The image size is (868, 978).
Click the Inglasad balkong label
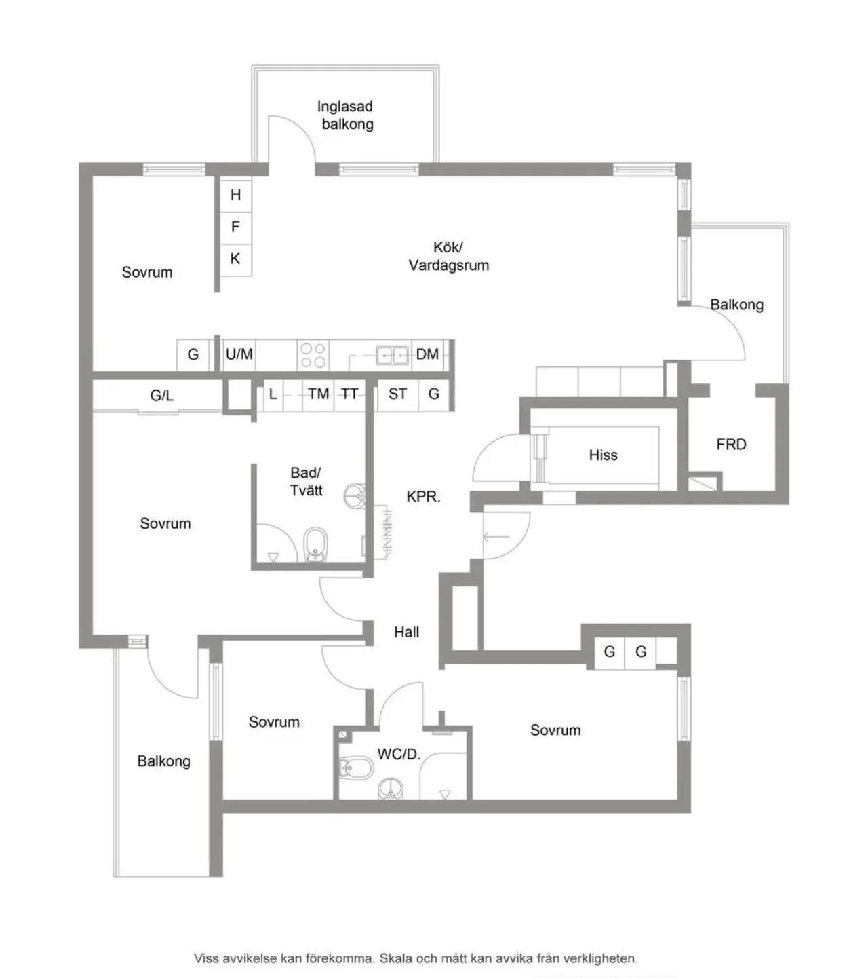pos(346,115)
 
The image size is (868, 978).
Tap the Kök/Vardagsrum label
pos(449,256)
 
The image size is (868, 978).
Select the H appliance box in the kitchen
pos(236,195)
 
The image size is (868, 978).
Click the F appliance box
pos(236,227)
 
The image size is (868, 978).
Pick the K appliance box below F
pos(236,259)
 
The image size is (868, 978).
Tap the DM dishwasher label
pos(427,354)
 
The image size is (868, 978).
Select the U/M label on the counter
pos(239,354)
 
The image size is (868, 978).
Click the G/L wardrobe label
pos(161,396)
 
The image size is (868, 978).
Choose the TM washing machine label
pos(319,394)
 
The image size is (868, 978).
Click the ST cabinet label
pos(397,394)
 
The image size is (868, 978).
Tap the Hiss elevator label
pos(603,455)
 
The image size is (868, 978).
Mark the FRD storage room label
pos(732,444)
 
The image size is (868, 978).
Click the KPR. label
pos(424,496)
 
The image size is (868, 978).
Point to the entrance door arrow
pos(496,536)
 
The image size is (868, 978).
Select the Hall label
pos(406,632)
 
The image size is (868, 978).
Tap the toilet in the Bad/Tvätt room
pos(315,544)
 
